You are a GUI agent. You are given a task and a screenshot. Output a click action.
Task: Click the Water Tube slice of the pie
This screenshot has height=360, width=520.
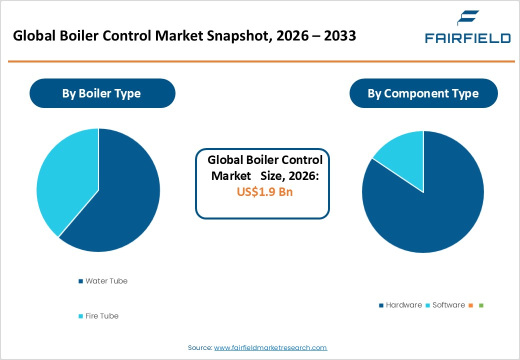coord(125,200)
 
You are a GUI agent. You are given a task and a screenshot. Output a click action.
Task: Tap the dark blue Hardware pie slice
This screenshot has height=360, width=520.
coord(430,210)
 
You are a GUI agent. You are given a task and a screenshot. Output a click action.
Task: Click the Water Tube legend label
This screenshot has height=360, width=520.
coord(106,281)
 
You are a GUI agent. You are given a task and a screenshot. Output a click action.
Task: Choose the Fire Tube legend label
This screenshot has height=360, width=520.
coord(101,316)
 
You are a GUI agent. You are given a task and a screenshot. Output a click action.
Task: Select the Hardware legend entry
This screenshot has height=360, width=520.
coord(403,305)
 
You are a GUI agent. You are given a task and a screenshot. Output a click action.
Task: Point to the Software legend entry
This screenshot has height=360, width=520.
coord(448,305)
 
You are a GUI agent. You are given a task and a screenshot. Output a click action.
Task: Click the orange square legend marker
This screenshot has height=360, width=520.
coord(470,305)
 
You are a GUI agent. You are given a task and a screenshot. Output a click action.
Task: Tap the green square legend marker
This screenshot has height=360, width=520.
coord(481,305)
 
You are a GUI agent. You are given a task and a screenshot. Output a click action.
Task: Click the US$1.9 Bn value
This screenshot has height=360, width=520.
coord(264,192)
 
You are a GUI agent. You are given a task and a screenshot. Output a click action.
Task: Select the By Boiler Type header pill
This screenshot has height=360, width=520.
coord(101,93)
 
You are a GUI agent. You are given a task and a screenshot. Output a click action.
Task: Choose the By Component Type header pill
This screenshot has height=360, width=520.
coord(423,93)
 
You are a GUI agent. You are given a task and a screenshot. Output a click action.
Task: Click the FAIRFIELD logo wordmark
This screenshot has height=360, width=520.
coord(467,38)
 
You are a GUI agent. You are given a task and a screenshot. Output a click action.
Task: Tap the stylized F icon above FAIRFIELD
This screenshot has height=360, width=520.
coord(467,19)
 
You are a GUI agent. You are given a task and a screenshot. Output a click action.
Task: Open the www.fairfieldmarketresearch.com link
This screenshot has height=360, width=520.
coord(270,347)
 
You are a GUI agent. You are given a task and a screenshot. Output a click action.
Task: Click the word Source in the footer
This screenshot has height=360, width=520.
coord(199,347)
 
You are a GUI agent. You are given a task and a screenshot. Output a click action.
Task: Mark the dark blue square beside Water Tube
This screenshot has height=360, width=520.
coord(80,281)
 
